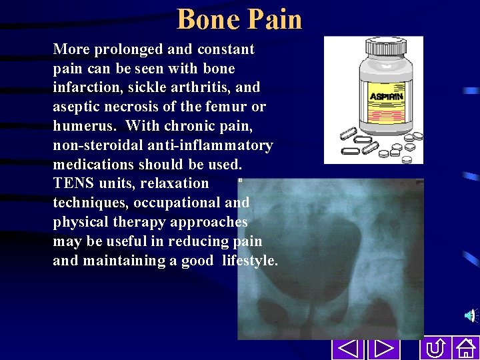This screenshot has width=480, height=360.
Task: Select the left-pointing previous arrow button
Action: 345,349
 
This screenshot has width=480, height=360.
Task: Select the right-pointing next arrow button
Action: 382,349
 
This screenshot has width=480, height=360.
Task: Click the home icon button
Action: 465,349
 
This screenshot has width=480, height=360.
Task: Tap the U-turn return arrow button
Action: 435,349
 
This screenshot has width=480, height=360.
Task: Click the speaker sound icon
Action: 471,315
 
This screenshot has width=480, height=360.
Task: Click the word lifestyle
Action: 249,261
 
